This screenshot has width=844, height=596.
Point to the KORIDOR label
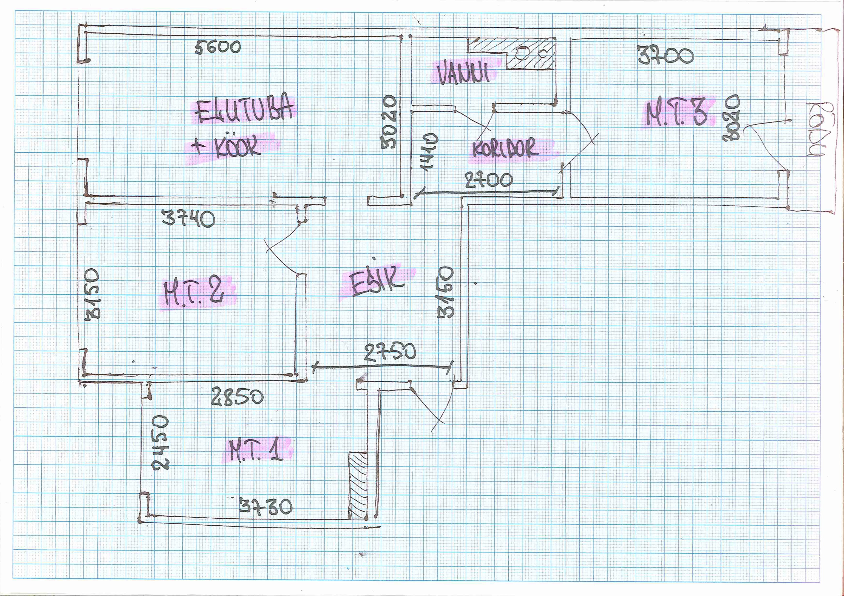[x=505, y=149]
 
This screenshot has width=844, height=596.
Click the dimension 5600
[x=218, y=47]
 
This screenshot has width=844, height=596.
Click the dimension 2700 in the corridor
[x=489, y=180]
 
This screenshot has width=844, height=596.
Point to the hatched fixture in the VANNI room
[x=529, y=55]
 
